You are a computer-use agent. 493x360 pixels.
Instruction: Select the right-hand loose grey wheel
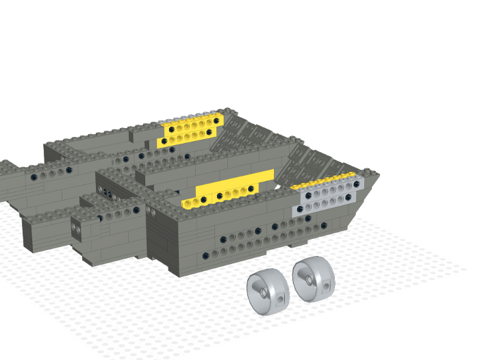click(x=314, y=279)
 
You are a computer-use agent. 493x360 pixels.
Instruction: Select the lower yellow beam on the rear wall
click(x=188, y=139)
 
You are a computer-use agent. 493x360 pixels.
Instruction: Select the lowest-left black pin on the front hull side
click(x=206, y=256)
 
